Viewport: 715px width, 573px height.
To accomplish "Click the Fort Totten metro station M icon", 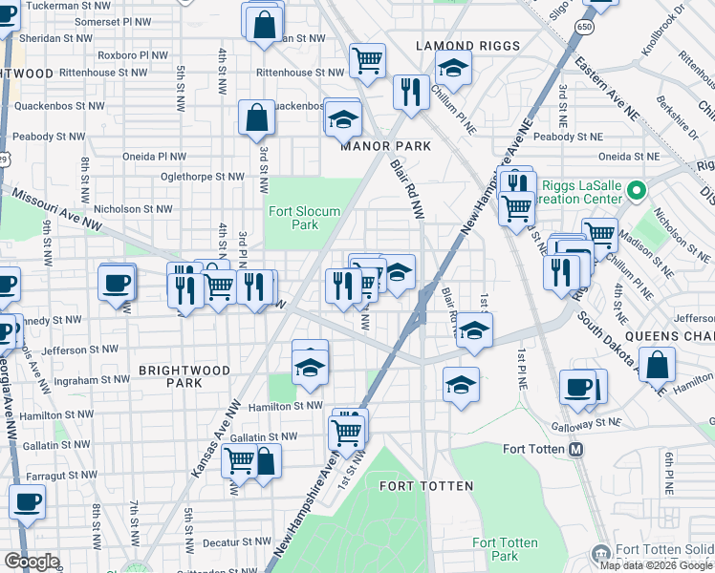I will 575,450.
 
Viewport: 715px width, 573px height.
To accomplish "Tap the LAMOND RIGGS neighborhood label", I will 468,46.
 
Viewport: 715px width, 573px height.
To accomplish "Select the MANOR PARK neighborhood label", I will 387,146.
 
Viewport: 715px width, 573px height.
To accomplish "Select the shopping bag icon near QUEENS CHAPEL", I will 657,365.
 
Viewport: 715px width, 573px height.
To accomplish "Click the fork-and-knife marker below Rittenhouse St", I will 410,93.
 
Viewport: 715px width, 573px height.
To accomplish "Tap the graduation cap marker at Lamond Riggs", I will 453,68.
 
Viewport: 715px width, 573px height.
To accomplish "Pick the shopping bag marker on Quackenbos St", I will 256,118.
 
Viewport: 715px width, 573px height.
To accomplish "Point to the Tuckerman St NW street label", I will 64,6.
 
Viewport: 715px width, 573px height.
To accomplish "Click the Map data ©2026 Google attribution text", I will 656,565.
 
